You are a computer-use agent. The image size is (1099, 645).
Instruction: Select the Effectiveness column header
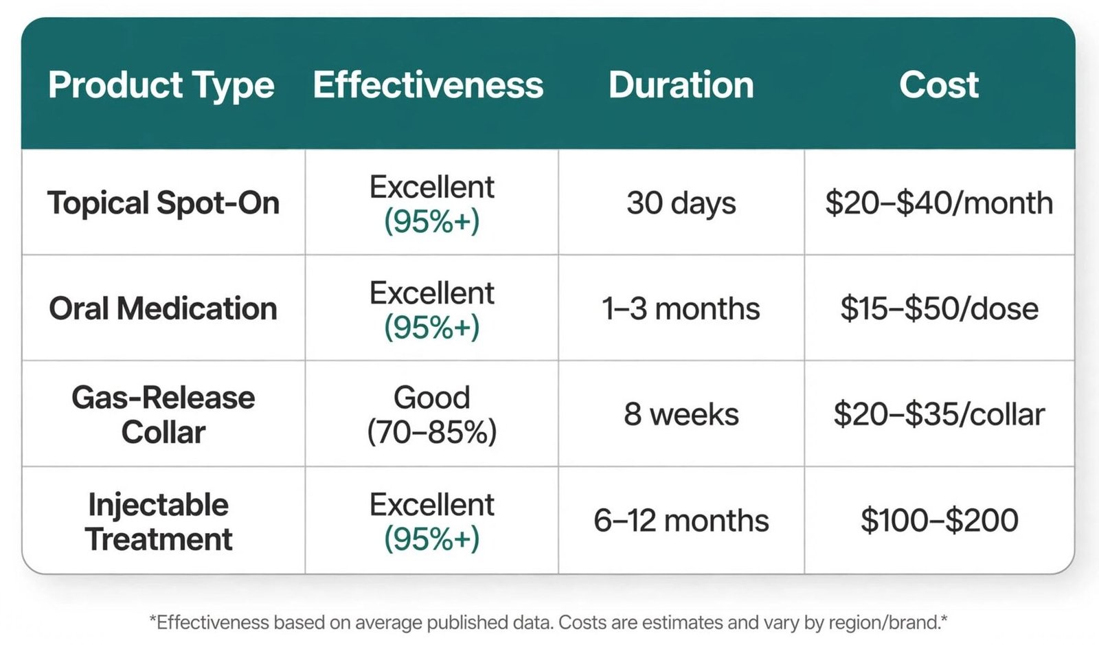pyautogui.click(x=429, y=84)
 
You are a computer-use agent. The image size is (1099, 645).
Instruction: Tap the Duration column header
pyautogui.click(x=681, y=84)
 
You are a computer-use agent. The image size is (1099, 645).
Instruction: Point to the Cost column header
pyautogui.click(x=938, y=84)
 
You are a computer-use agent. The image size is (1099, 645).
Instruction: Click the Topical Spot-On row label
pyautogui.click(x=163, y=203)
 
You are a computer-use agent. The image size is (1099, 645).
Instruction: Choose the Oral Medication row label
pyautogui.click(x=163, y=308)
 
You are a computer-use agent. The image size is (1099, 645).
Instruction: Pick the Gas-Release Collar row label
pyautogui.click(x=163, y=414)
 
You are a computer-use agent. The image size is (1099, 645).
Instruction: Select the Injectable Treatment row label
pyautogui.click(x=159, y=521)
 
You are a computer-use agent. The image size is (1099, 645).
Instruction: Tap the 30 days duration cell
pyautogui.click(x=681, y=203)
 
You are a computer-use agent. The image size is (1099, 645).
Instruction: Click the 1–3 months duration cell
pyautogui.click(x=681, y=308)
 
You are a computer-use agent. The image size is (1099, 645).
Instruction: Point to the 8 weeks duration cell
pyautogui.click(x=681, y=414)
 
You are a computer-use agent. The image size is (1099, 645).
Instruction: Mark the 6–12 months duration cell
pyautogui.click(x=681, y=521)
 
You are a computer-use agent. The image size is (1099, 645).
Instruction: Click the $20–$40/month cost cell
pyautogui.click(x=939, y=203)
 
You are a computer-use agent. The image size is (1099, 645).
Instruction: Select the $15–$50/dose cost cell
pyautogui.click(x=939, y=308)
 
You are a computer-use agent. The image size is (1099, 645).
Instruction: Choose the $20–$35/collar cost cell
pyautogui.click(x=939, y=414)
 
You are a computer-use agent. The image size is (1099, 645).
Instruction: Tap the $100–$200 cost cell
pyautogui.click(x=939, y=521)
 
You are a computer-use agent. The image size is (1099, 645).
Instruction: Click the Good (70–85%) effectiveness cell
pyautogui.click(x=432, y=415)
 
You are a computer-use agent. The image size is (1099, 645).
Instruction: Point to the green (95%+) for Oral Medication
pyautogui.click(x=432, y=327)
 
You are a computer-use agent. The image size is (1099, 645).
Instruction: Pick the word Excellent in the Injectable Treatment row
pyautogui.click(x=432, y=504)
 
